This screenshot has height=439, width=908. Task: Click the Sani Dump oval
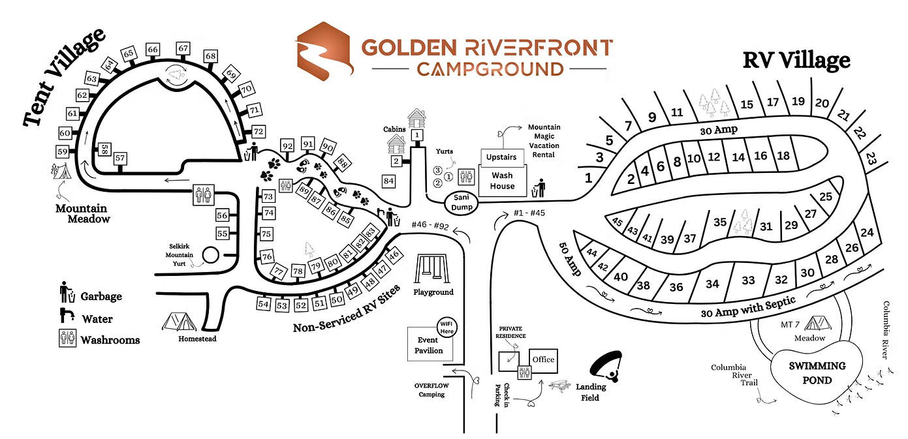[x=461, y=202]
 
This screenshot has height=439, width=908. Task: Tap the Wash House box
[x=503, y=181]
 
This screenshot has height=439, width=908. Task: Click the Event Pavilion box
[x=428, y=345]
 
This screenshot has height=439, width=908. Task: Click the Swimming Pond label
[x=816, y=373]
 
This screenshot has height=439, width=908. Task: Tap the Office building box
[x=542, y=359]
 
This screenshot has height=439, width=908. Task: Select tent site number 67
[x=183, y=48]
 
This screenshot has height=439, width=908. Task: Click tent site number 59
[x=63, y=151]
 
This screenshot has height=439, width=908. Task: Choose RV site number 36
[x=676, y=287]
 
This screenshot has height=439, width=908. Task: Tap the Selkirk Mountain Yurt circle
[x=211, y=254]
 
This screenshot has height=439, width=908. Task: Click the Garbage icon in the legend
[x=66, y=292]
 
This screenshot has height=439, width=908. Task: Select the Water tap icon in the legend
[x=67, y=316]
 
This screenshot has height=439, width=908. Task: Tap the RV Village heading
[x=796, y=61]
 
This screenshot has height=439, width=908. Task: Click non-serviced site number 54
[x=264, y=305]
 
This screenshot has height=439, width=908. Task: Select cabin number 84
[x=390, y=181]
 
